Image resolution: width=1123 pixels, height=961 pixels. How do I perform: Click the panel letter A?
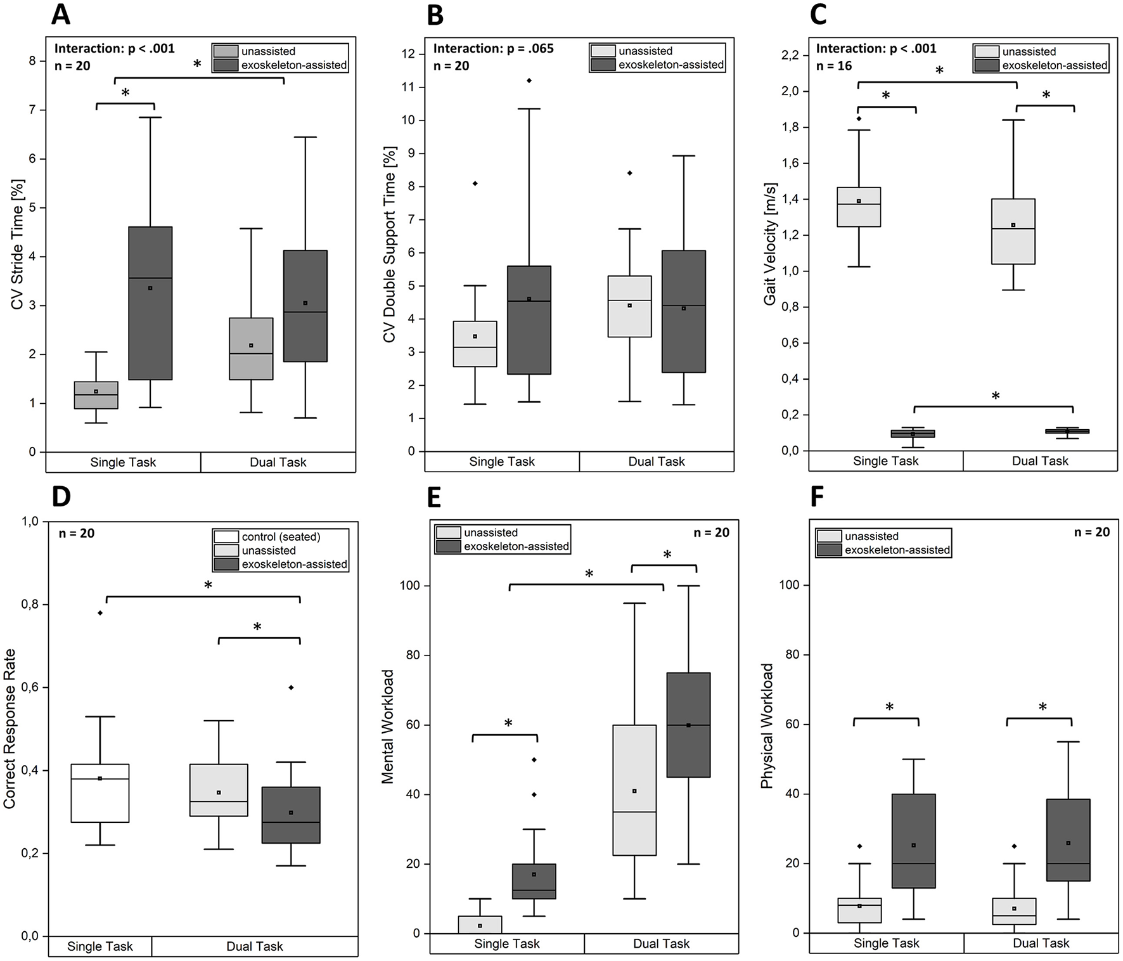click(61, 14)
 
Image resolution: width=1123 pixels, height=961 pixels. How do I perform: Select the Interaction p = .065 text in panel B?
click(493, 49)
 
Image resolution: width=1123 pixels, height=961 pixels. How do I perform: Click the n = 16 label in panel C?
click(834, 66)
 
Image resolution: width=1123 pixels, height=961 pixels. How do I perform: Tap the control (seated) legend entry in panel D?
click(281, 537)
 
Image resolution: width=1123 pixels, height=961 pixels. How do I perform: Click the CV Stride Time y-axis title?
click(18, 245)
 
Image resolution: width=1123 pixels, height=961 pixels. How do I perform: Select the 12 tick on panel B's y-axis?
click(409, 54)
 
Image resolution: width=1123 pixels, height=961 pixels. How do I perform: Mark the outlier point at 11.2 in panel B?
click(529, 81)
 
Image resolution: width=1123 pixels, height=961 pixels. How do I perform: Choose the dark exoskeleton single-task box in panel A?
click(150, 303)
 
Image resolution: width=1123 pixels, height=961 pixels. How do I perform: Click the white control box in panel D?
click(100, 792)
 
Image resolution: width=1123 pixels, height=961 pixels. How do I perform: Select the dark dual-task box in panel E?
click(688, 725)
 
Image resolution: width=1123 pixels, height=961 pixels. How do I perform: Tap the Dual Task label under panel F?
click(1041, 943)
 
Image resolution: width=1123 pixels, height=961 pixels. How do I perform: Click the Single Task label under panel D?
click(100, 946)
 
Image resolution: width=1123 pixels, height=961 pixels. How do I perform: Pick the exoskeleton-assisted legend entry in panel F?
click(897, 550)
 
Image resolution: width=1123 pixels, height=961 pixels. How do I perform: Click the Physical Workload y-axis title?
click(767, 726)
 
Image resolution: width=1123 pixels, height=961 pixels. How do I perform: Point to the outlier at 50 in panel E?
click(534, 759)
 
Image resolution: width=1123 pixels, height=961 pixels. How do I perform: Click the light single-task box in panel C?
click(859, 207)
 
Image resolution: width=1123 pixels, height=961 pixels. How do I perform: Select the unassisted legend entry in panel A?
click(268, 51)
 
